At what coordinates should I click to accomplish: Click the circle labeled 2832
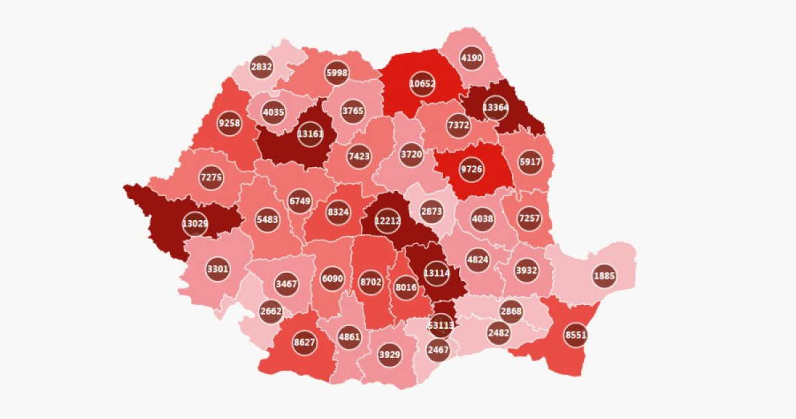[262, 66]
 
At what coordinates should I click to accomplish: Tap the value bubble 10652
[423, 84]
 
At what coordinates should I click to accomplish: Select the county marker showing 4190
[472, 58]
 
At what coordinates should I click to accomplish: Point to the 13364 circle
[496, 107]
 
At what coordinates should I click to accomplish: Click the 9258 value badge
[229, 123]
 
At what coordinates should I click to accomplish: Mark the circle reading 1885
[604, 276]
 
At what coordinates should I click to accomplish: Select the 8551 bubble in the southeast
[576, 335]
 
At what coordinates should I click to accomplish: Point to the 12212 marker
[389, 221]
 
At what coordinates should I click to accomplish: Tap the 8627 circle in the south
[304, 343]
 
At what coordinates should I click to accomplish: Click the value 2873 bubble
[431, 211]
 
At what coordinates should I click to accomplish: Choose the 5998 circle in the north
[337, 73]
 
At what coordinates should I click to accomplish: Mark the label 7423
[359, 156]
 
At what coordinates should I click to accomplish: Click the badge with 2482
[499, 331]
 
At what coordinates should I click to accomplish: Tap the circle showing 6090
[332, 278]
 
